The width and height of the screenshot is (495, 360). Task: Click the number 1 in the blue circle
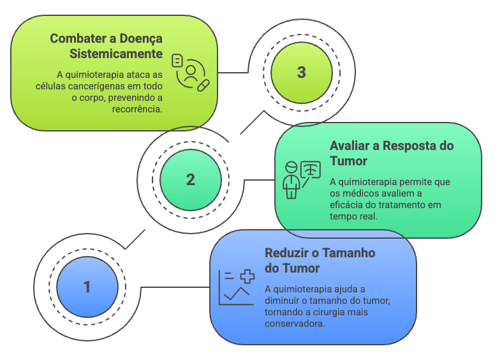[87, 287]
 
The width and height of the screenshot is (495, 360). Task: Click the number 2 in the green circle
[190, 180]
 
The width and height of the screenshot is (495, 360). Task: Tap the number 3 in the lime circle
[301, 72]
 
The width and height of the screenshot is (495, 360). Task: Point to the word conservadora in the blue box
[295, 324]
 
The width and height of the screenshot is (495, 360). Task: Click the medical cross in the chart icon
[247, 276]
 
